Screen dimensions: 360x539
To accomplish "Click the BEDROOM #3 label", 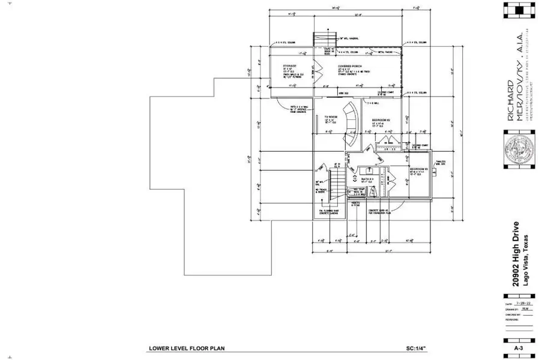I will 418,169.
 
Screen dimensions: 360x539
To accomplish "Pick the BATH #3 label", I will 367,179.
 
